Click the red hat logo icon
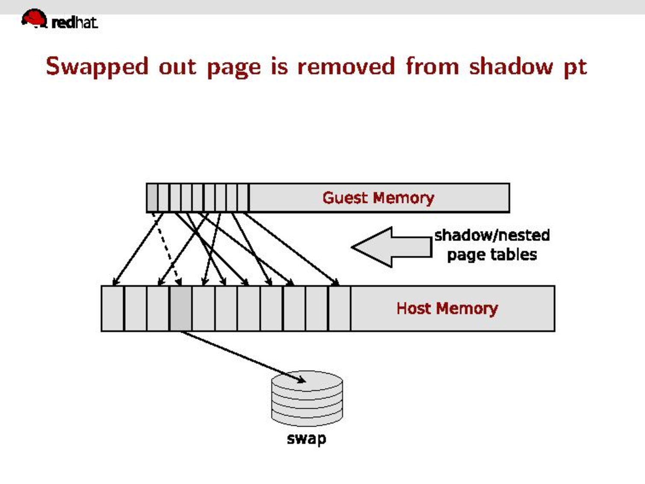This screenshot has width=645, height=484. (x=34, y=19)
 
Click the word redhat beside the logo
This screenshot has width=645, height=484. (x=74, y=22)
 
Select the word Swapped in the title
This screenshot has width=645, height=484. (x=97, y=67)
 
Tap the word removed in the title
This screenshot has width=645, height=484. (x=346, y=67)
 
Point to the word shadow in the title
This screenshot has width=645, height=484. (x=511, y=67)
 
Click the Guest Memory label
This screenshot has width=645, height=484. (x=378, y=198)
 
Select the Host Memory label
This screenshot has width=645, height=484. (x=447, y=308)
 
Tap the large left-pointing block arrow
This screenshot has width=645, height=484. (x=391, y=247)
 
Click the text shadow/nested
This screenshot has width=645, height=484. (x=492, y=235)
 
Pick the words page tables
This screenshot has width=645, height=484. (x=492, y=255)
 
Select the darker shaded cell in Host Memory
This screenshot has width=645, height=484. (x=181, y=308)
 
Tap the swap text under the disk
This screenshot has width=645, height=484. (x=306, y=439)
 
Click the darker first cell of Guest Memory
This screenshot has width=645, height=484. (x=152, y=198)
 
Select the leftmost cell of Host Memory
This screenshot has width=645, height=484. (x=112, y=308)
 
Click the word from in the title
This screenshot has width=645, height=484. (x=432, y=67)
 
